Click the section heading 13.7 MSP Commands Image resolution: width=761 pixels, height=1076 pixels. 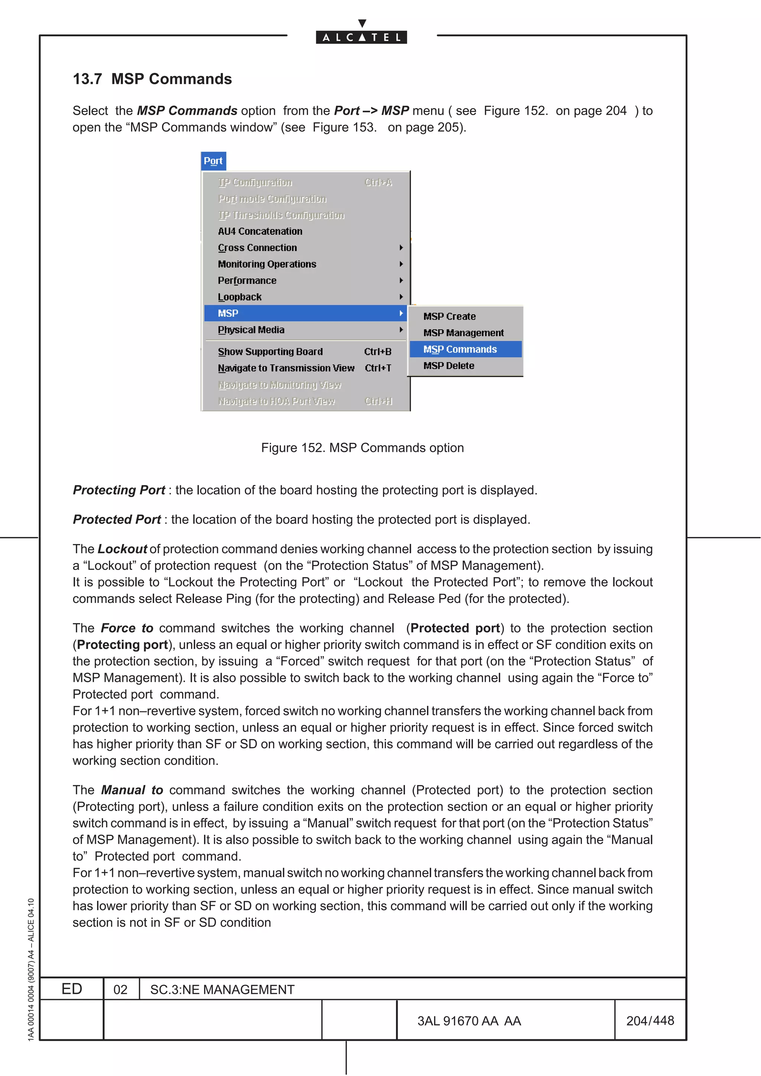pos(152,79)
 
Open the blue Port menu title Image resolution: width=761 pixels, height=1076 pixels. pos(213,161)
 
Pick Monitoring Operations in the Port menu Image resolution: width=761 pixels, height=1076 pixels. pos(267,264)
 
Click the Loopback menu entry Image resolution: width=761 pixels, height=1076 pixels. pos(240,297)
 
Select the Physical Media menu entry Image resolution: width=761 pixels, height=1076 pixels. pos(251,330)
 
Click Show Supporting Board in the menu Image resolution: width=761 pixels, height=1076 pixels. pos(270,352)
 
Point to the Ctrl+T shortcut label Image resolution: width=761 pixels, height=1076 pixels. pos(378,368)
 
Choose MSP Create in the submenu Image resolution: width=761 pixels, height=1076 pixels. pos(449,317)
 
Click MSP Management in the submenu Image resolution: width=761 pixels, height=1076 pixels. pos(463,333)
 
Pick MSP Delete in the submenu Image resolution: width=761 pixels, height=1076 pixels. pos(449,366)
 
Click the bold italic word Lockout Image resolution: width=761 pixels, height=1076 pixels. pos(122,549)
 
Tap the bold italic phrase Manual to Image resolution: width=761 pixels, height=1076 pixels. pos(132,790)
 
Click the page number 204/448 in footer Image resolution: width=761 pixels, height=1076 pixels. pos(650,1021)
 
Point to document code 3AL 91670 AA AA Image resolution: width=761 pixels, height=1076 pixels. pos(469,1021)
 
